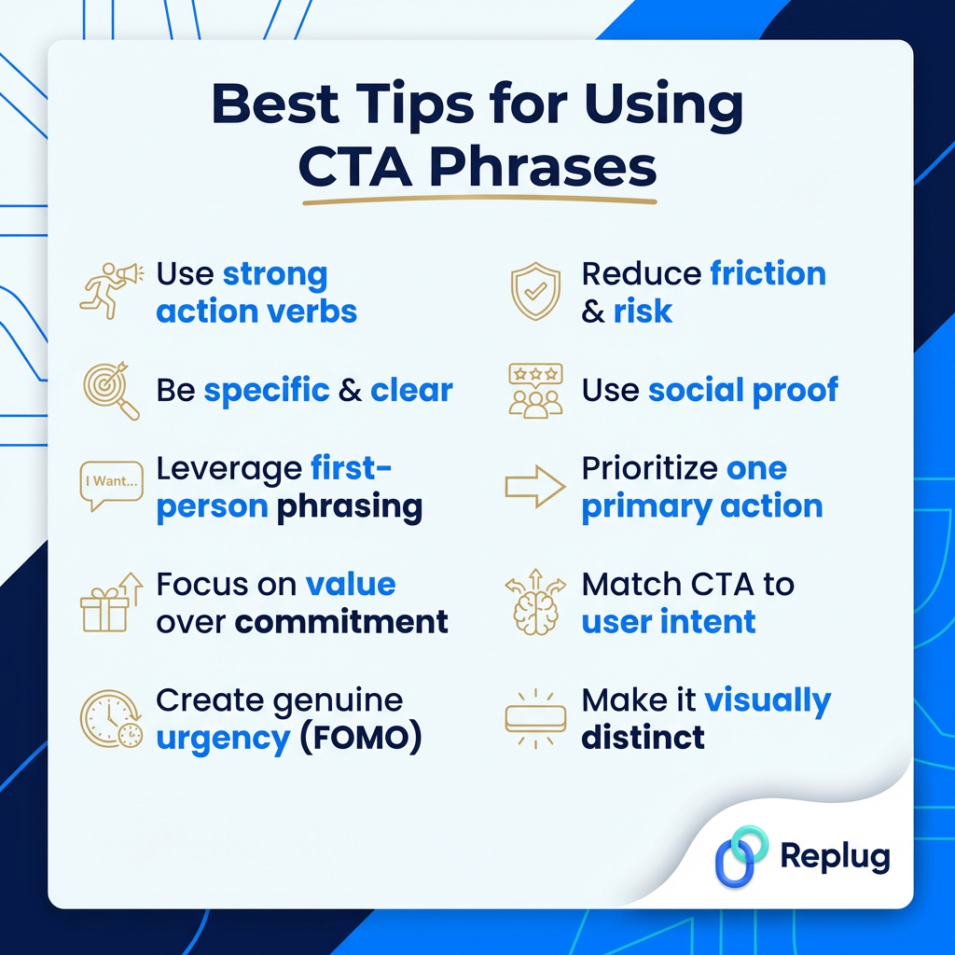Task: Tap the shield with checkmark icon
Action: pyautogui.click(x=534, y=291)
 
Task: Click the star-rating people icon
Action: pyautogui.click(x=534, y=389)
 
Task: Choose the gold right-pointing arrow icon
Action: pyautogui.click(x=534, y=486)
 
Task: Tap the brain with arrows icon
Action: pyautogui.click(x=534, y=602)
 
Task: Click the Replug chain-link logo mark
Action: pyautogui.click(x=740, y=856)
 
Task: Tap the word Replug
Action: pyautogui.click(x=835, y=857)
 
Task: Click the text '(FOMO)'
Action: pyautogui.click(x=360, y=738)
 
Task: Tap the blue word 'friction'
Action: pyautogui.click(x=768, y=273)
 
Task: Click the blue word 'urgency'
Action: pyautogui.click(x=223, y=738)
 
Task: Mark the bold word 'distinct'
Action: pyautogui.click(x=643, y=738)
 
